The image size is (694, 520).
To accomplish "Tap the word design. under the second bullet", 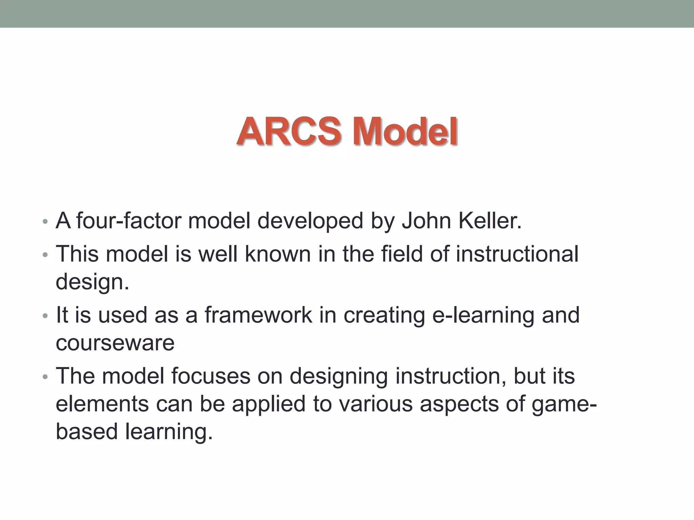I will tap(92, 282).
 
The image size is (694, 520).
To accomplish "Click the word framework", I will tap(258, 315).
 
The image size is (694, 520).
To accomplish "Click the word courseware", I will tap(115, 343).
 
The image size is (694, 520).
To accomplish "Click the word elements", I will tap(102, 404).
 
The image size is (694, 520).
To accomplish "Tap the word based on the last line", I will tap(87, 431).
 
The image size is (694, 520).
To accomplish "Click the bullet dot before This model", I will tap(45, 255).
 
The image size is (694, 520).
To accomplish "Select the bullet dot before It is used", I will tap(45, 316).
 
